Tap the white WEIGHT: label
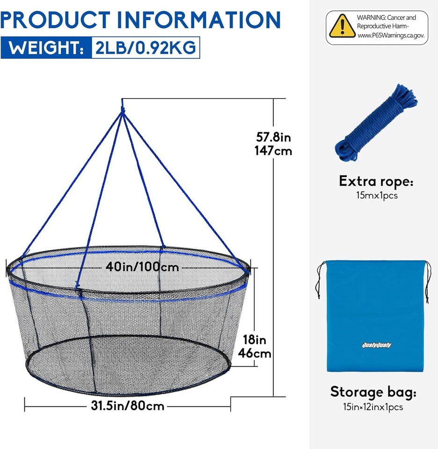[x=45, y=48]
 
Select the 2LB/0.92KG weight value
[x=145, y=48]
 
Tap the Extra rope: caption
[x=376, y=181]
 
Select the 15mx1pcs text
[x=376, y=196]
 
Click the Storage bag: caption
[x=373, y=392]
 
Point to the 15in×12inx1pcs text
[x=373, y=407]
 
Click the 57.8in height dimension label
[x=273, y=138]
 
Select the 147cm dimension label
[x=273, y=151]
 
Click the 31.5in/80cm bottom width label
[x=127, y=406]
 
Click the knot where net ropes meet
[x=123, y=111]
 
